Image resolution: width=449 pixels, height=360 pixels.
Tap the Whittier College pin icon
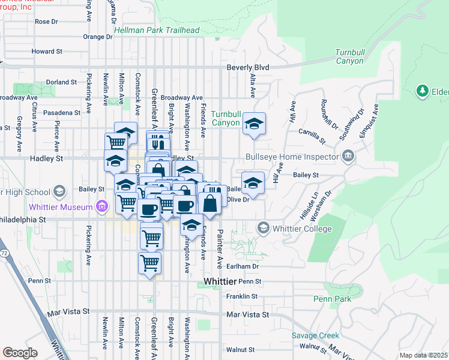point(263,228)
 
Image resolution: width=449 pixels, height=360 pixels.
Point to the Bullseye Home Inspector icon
point(348,157)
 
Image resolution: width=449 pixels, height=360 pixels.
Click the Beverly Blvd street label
point(247,68)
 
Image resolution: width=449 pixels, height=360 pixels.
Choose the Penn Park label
point(328,298)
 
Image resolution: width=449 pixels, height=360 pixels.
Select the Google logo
point(20,352)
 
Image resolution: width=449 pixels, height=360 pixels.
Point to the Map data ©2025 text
point(423,355)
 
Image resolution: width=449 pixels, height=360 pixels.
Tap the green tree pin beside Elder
point(422,91)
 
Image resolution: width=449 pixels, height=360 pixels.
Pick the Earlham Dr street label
point(243,266)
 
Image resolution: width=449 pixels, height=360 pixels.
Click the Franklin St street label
point(242,296)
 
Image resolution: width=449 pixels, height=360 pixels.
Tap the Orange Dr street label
point(97,37)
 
